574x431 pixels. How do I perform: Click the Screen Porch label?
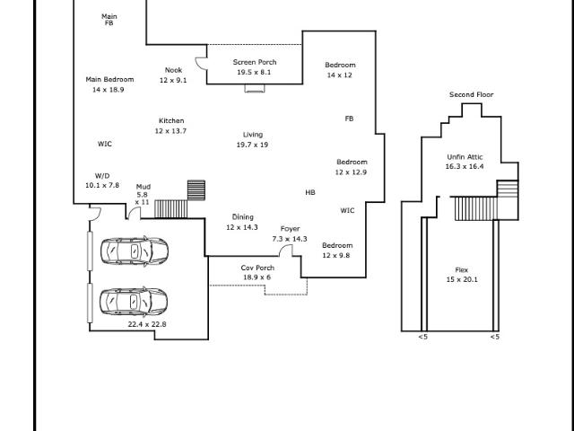tap(255, 62)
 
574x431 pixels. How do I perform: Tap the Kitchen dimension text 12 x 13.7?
tap(170, 131)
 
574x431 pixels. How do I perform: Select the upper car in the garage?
tap(135, 251)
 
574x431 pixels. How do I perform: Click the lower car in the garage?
tap(134, 302)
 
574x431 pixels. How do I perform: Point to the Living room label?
tap(253, 135)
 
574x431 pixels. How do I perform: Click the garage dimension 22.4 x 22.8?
tap(147, 324)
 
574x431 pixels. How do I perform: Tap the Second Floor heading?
tap(472, 94)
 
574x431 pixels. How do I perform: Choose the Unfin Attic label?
tap(465, 157)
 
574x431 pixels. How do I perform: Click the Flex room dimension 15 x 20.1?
tap(462, 279)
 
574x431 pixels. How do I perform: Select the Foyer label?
tap(290, 229)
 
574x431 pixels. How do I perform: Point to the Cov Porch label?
tap(257, 268)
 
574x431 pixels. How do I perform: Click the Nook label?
tap(173, 70)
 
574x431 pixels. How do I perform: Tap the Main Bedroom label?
tap(109, 80)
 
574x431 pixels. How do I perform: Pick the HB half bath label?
tap(310, 192)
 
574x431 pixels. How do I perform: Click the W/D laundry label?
tap(102, 176)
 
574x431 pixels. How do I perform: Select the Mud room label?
tap(143, 187)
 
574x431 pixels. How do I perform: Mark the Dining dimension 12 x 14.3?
tap(242, 227)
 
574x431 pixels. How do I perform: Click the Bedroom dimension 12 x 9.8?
tap(336, 255)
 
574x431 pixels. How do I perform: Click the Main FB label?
tap(109, 20)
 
